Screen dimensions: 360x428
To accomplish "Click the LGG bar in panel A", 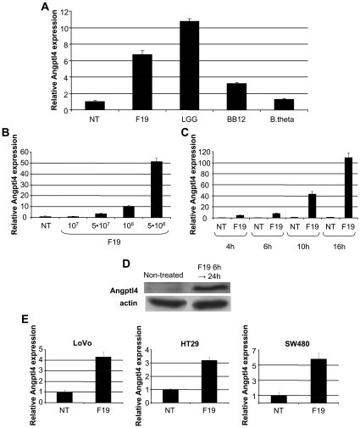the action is (x=189, y=65).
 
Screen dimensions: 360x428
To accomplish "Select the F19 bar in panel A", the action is (x=142, y=82).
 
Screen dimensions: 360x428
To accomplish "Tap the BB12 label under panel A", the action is (x=236, y=120).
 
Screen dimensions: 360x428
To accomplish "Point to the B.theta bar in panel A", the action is (x=284, y=104).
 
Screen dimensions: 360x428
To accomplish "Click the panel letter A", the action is (x=45, y=6).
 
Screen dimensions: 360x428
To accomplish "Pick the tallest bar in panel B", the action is (x=157, y=190).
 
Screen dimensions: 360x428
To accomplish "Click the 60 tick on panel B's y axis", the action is (x=25, y=153).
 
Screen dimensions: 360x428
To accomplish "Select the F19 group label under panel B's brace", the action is (x=114, y=242).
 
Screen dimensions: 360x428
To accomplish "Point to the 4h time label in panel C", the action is (x=230, y=247).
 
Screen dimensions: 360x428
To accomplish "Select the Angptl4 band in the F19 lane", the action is (x=210, y=288).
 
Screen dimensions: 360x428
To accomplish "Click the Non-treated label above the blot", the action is (x=163, y=275).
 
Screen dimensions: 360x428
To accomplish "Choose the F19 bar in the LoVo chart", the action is (x=103, y=380).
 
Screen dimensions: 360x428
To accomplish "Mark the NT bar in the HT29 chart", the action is (x=170, y=396).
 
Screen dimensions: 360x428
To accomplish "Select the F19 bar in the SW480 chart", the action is (x=318, y=381).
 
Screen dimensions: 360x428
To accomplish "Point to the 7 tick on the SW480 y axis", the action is (x=253, y=351).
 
